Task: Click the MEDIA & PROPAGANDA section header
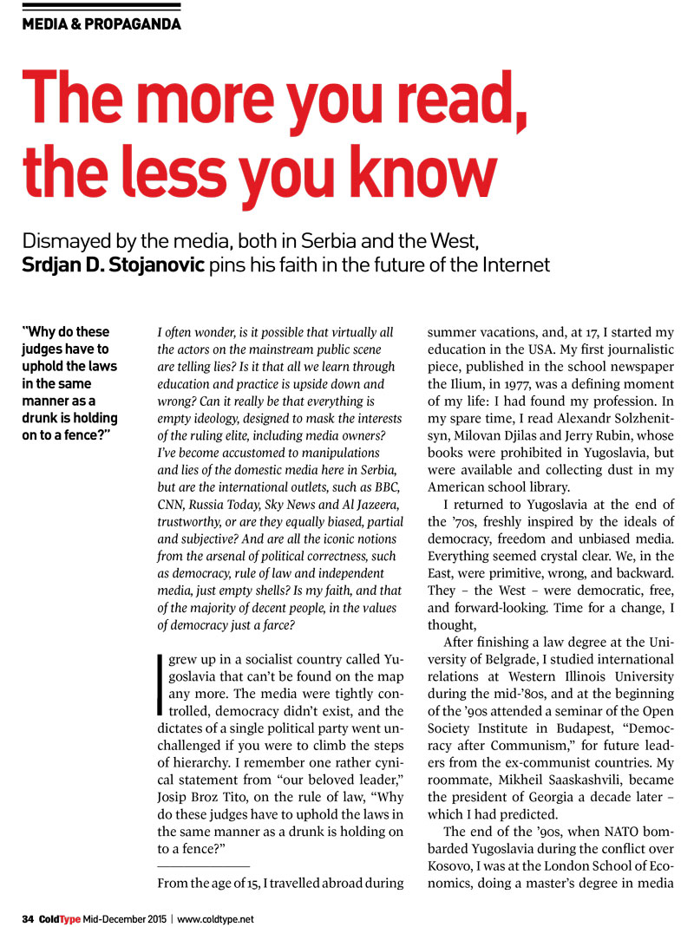click(x=101, y=24)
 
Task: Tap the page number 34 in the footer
click(x=28, y=917)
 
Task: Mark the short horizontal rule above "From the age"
click(x=203, y=866)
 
